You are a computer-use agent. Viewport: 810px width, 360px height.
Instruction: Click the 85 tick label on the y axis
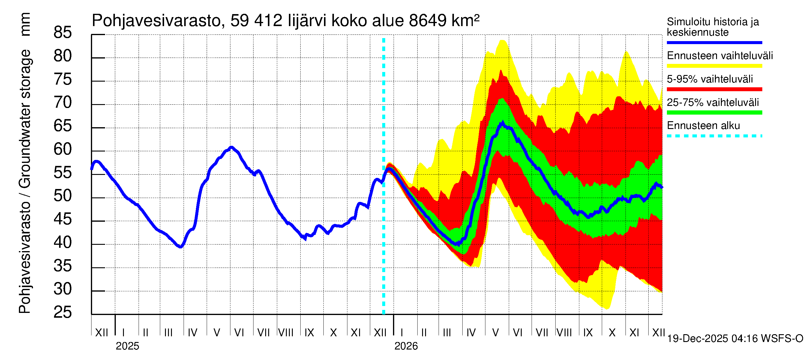(63, 33)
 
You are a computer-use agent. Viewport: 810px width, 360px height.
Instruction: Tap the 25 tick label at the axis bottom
(63, 313)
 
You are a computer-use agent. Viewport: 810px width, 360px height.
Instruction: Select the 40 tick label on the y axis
(63, 243)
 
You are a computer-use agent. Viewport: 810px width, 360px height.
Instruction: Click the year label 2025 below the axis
(127, 346)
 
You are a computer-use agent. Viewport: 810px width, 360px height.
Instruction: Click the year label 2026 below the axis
(406, 346)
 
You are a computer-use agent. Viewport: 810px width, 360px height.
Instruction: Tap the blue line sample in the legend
(714, 42)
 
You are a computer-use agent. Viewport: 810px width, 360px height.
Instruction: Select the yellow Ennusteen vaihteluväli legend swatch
(714, 66)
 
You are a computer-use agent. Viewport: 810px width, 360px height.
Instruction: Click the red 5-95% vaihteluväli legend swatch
(714, 89)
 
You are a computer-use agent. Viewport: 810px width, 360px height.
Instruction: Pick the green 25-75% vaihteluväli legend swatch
(714, 112)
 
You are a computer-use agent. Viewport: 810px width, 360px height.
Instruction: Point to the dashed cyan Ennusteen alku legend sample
(714, 136)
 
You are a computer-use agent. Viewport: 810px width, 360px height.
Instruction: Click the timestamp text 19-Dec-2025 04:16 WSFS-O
(735, 339)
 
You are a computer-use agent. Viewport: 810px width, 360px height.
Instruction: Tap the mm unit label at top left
(25, 24)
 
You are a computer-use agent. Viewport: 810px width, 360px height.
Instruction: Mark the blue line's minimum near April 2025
(180, 247)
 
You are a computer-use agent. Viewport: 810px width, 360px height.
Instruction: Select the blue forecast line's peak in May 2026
(503, 123)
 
